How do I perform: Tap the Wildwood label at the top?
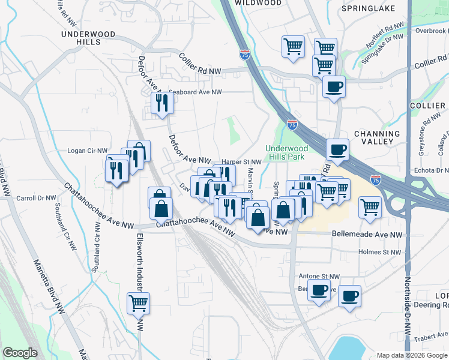coord(258,3)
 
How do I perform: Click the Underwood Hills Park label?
coord(286,152)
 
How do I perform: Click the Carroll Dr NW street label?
coord(35,197)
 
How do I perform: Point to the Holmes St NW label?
coord(379,253)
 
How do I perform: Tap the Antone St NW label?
coord(319,277)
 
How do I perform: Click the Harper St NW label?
coord(241,162)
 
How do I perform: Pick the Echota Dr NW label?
coord(427,170)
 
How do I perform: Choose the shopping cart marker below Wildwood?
coord(293,46)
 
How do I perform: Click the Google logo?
coord(20,353)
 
